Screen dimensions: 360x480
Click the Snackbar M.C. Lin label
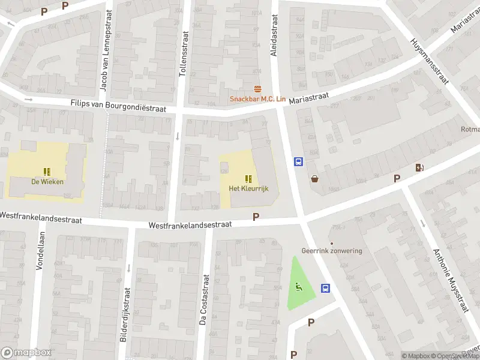point(257,100)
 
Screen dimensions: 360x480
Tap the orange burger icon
point(258,89)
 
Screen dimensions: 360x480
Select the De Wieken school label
point(47,182)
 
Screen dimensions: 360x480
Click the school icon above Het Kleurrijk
point(248,178)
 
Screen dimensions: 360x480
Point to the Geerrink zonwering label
point(332,251)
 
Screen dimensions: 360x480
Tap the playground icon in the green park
point(299,286)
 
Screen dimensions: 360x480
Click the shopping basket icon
point(314,178)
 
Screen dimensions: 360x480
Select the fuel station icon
point(419,167)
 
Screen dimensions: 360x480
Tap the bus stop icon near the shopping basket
point(298,161)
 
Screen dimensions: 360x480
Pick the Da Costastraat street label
point(203,299)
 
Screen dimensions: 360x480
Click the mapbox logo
point(25,353)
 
